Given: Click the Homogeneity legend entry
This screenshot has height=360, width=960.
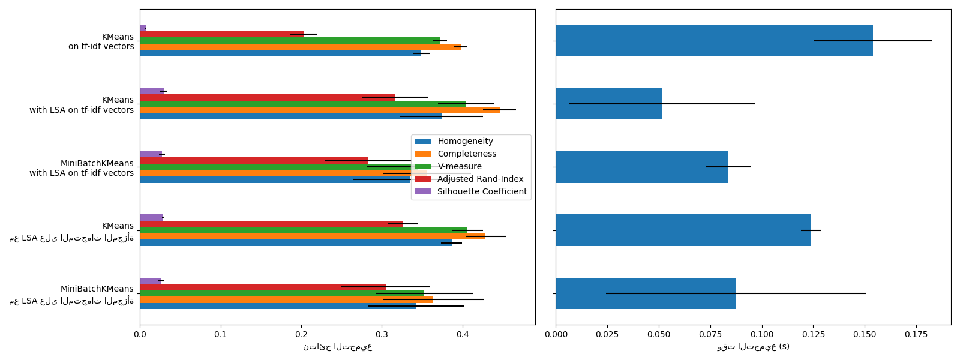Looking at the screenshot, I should point(465,142).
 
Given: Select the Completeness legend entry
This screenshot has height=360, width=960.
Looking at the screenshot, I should point(467,154).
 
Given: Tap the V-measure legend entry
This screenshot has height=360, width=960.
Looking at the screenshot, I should point(459,167).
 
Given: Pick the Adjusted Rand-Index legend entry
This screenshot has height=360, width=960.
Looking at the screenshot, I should point(480,179).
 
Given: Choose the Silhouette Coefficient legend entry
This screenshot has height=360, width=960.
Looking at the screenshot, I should point(482,192).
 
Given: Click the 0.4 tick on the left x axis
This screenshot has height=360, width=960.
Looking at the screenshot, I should point(463,335).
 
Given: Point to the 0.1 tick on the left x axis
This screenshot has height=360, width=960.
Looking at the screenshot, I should point(221,335).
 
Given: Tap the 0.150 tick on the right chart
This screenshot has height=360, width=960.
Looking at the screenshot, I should point(865,335).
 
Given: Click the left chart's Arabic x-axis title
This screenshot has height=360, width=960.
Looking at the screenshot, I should point(337,347).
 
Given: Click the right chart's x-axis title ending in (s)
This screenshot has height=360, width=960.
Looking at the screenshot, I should point(753,347).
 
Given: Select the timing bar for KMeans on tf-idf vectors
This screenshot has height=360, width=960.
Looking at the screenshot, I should point(714,41).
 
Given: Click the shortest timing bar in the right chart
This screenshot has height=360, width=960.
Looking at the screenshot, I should point(609,104).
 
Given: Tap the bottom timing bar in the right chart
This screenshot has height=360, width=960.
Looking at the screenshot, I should point(646,293).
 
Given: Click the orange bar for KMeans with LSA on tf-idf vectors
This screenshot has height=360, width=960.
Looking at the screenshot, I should point(320,110).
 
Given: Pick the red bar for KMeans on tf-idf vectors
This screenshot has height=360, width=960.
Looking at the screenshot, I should point(221,34).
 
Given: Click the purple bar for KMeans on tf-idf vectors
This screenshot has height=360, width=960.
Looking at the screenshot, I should point(143,28).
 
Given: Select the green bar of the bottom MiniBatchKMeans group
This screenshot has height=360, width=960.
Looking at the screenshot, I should point(282,293).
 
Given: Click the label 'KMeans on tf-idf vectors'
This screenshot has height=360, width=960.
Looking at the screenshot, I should point(101,41).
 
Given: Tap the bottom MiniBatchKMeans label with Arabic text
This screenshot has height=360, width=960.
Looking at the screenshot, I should point(72,295).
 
